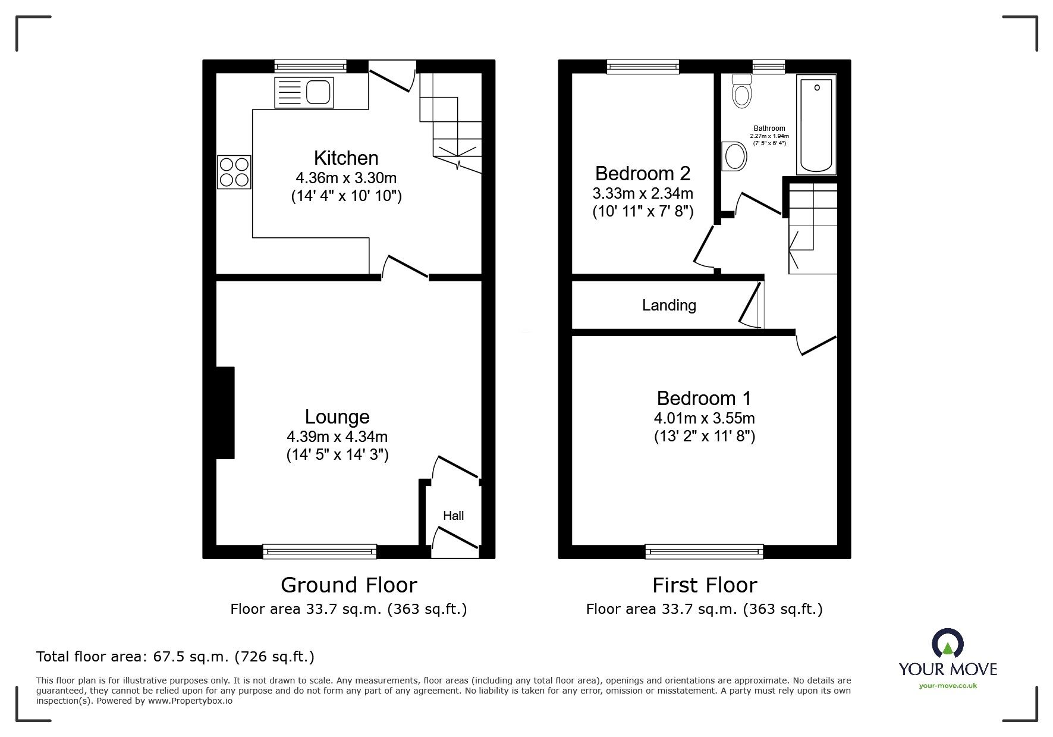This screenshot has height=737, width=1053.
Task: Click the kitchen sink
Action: (304, 92)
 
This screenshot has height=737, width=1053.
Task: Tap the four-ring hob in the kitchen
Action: (234, 172)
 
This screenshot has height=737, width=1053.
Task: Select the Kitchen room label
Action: (346, 158)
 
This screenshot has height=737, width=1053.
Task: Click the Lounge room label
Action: (337, 416)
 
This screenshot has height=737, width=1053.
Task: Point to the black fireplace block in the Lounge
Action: (225, 413)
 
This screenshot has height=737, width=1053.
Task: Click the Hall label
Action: (453, 516)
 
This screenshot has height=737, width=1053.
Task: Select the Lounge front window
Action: (320, 551)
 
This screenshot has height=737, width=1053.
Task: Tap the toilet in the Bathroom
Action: (741, 90)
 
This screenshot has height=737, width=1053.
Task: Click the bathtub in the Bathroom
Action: (816, 124)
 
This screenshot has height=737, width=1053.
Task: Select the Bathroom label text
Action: (769, 128)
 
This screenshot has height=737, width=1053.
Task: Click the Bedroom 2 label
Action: (643, 173)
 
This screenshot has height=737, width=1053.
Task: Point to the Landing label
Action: (669, 305)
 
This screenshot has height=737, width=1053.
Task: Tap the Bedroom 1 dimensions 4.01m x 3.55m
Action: (705, 418)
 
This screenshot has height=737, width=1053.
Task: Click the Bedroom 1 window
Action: (705, 551)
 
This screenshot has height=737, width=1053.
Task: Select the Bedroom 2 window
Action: (643, 67)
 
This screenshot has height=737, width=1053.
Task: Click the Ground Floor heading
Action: (349, 585)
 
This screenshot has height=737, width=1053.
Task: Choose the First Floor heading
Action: (705, 585)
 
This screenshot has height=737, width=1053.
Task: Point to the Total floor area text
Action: (175, 657)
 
